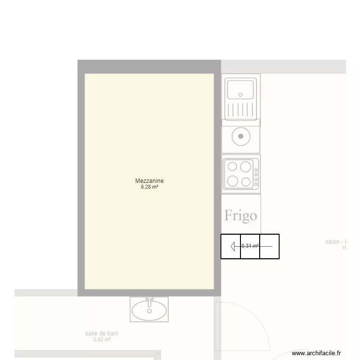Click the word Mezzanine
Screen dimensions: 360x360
[x=149, y=181]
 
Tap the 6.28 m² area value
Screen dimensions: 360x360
[x=149, y=187]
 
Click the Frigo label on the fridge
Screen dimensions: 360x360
[x=240, y=216]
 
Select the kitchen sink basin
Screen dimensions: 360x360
[x=240, y=89]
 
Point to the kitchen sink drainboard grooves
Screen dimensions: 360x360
[x=240, y=110]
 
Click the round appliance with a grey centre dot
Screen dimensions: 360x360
[x=241, y=136]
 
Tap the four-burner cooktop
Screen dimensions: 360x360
[x=240, y=174]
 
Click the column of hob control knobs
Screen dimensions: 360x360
[x=256, y=176]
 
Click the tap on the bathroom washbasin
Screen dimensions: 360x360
[x=150, y=301]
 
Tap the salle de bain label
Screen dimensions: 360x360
[x=102, y=334]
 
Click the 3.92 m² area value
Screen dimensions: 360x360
[x=102, y=340]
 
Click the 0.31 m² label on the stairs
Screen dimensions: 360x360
[x=250, y=246]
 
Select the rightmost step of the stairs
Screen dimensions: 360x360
[x=269, y=246]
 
